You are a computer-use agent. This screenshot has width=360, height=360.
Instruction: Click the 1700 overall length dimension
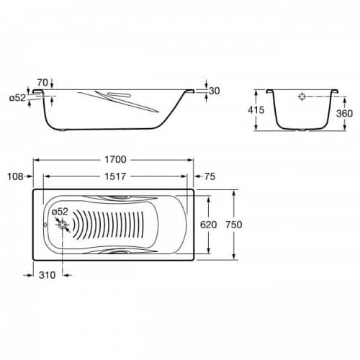[x=115, y=160]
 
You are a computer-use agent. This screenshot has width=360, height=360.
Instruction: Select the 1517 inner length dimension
[x=115, y=176]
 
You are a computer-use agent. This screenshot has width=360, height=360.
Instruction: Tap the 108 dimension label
[x=16, y=176]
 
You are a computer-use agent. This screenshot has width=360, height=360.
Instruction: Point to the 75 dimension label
[x=210, y=176]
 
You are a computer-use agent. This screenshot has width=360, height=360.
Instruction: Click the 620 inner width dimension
[x=209, y=225]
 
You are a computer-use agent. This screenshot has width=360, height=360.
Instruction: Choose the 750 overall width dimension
[x=234, y=225]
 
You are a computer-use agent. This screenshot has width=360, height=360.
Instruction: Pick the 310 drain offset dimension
[x=48, y=275]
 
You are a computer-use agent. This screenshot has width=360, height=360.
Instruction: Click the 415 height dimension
[x=256, y=110]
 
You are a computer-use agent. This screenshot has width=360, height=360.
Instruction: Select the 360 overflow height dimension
[x=344, y=114]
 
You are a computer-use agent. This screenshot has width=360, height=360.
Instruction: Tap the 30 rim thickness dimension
[x=215, y=91]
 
